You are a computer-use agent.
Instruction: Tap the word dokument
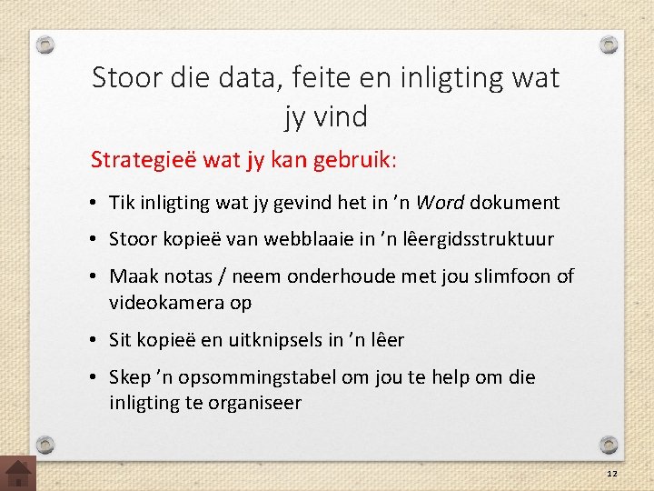pyautogui.click(x=515, y=202)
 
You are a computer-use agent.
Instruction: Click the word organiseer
pyautogui.click(x=254, y=402)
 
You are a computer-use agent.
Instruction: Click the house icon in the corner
pyautogui.click(x=18, y=473)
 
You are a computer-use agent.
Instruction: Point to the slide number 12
pyautogui.click(x=612, y=475)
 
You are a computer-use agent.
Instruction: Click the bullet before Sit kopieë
pyautogui.click(x=95, y=340)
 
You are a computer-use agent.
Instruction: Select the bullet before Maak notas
pyautogui.click(x=95, y=276)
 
